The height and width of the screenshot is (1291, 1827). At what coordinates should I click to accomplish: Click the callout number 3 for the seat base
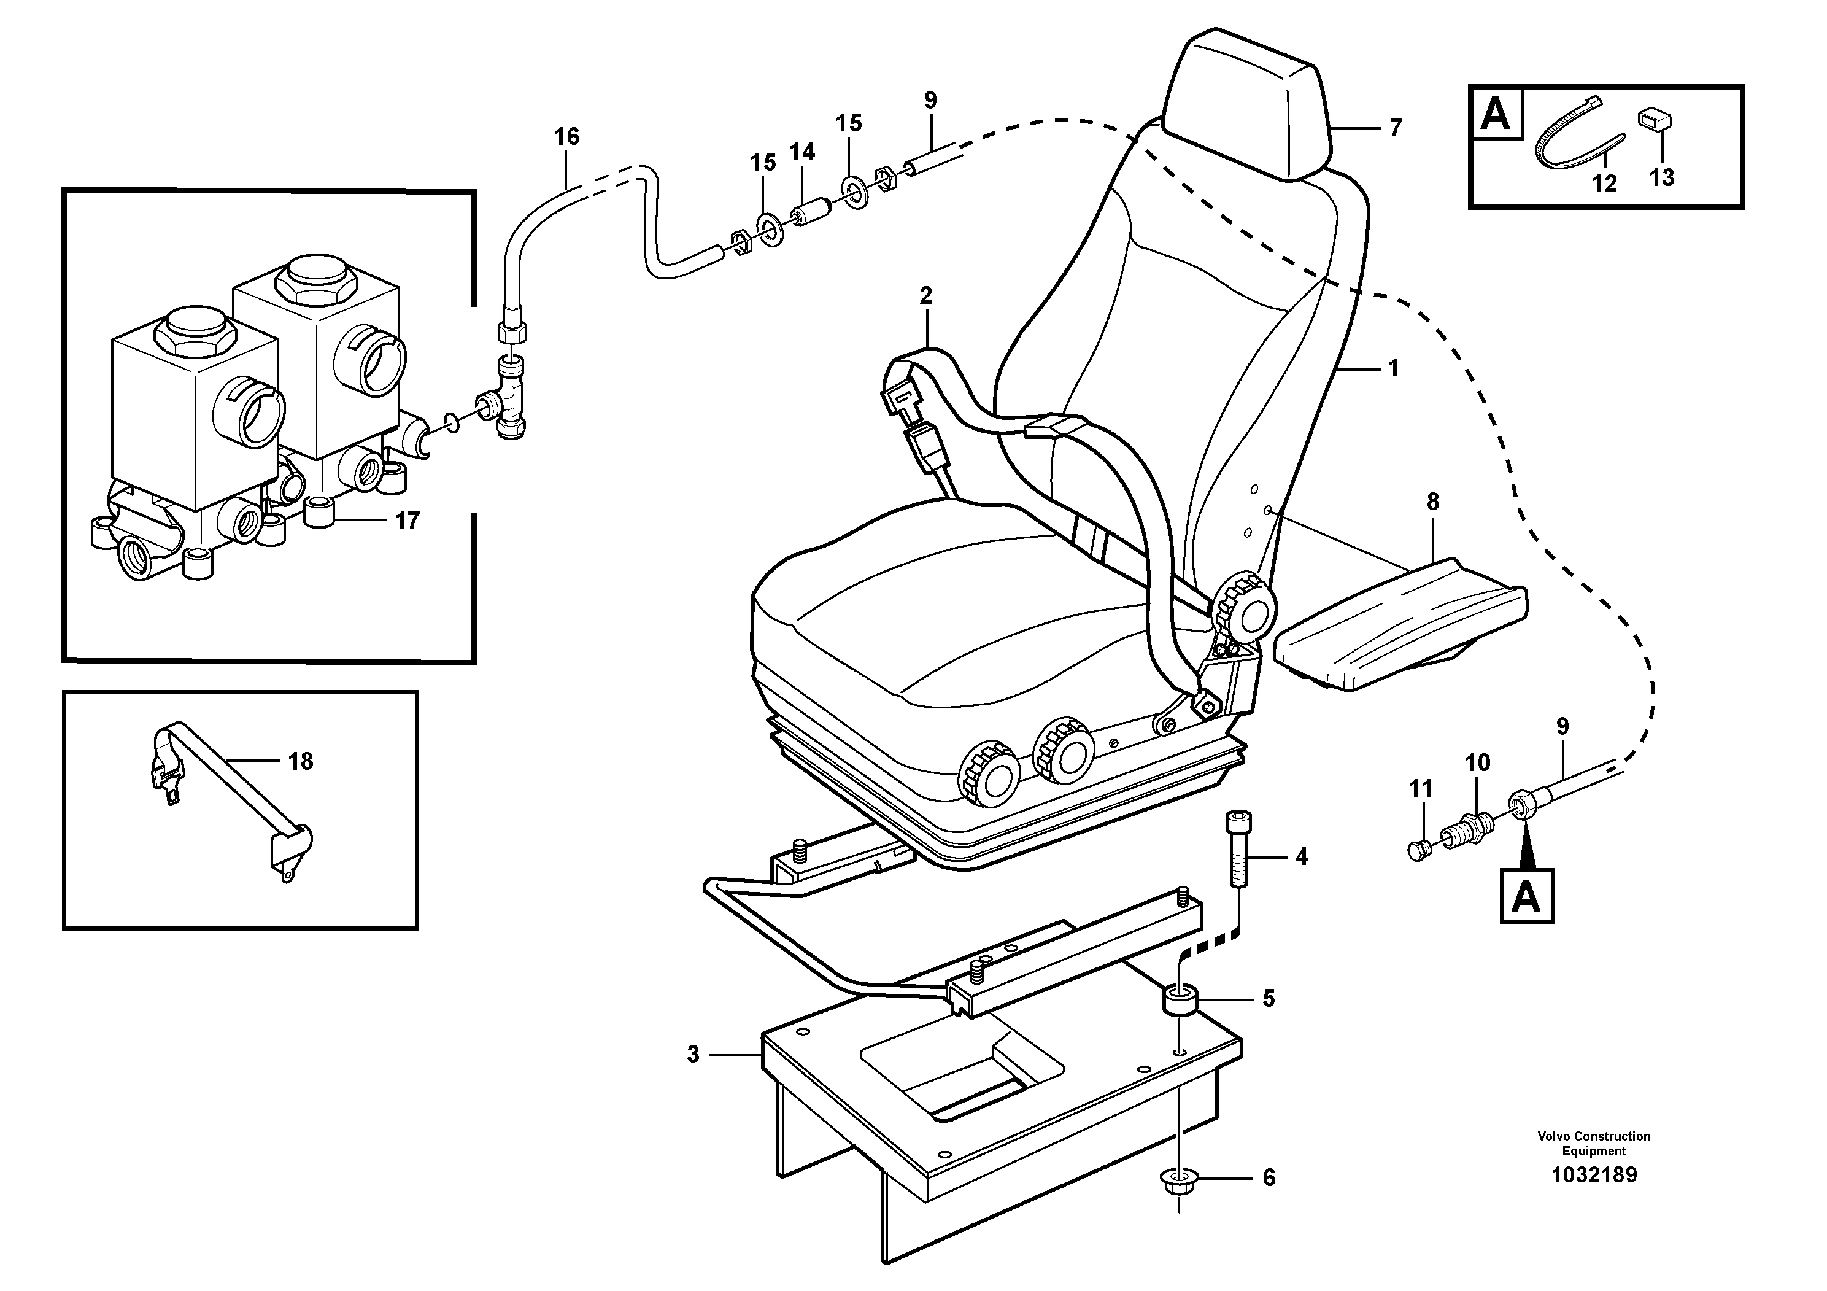pyautogui.click(x=693, y=1055)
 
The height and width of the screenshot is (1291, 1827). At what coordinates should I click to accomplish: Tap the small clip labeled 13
pyautogui.click(x=1655, y=121)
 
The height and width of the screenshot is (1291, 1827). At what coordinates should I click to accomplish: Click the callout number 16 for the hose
pyautogui.click(x=566, y=137)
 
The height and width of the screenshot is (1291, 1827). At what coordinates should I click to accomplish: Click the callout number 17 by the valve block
pyautogui.click(x=408, y=521)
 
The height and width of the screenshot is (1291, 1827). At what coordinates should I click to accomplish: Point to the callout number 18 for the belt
pyautogui.click(x=301, y=762)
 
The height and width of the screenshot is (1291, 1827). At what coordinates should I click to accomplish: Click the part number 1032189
pyautogui.click(x=1593, y=1175)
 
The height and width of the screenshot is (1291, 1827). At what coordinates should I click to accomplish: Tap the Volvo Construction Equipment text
pyautogui.click(x=1593, y=1143)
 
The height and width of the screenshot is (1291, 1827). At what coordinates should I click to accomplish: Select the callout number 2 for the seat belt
pyautogui.click(x=925, y=296)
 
